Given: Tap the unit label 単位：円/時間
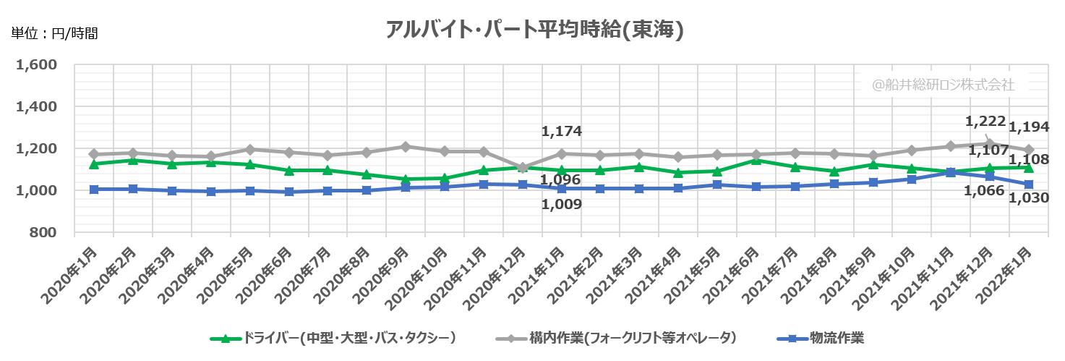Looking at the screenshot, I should (x=54, y=33).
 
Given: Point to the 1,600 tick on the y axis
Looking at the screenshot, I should (x=36, y=65).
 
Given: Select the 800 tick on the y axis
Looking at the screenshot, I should (x=45, y=232).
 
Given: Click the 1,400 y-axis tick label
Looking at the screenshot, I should (x=36, y=107).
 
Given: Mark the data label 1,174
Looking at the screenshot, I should (x=561, y=132).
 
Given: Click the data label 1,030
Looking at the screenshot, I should (x=1029, y=197).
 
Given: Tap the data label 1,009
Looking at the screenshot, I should (x=561, y=205).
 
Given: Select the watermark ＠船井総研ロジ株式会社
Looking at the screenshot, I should (x=942, y=85).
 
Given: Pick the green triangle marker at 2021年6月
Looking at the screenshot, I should (x=756, y=160).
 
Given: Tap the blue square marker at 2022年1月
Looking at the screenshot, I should (x=1028, y=184).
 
